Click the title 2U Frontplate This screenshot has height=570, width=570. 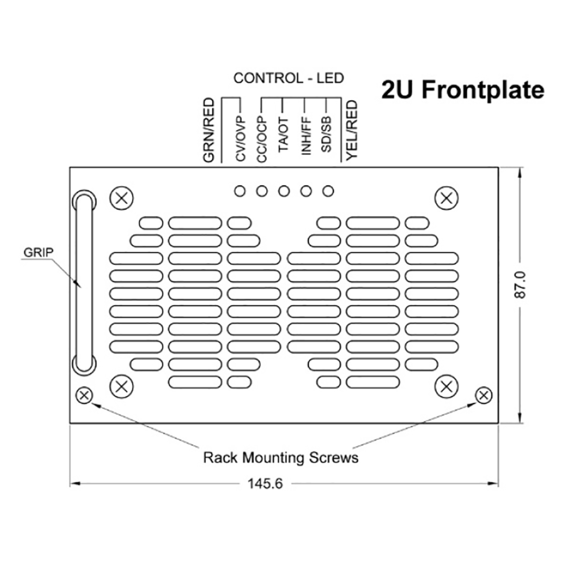coord(463,90)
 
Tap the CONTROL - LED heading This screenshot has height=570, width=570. coord(288,78)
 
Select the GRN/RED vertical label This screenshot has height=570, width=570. coord(209,130)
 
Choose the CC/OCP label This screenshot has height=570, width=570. coord(262,140)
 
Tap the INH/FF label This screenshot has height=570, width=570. coord(306,137)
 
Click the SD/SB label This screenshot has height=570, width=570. coord(327,135)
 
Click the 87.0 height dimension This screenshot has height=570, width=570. coord(522,285)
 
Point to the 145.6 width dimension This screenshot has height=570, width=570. coord(265,484)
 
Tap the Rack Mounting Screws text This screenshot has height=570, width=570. coord(281,458)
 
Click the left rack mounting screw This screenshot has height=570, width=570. coord(84,395)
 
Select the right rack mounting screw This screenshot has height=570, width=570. coord(484,395)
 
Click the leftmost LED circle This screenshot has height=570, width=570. coord(240,191)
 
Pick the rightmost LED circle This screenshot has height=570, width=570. coord(328,191)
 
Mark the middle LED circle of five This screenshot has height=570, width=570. coord(284,191)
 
